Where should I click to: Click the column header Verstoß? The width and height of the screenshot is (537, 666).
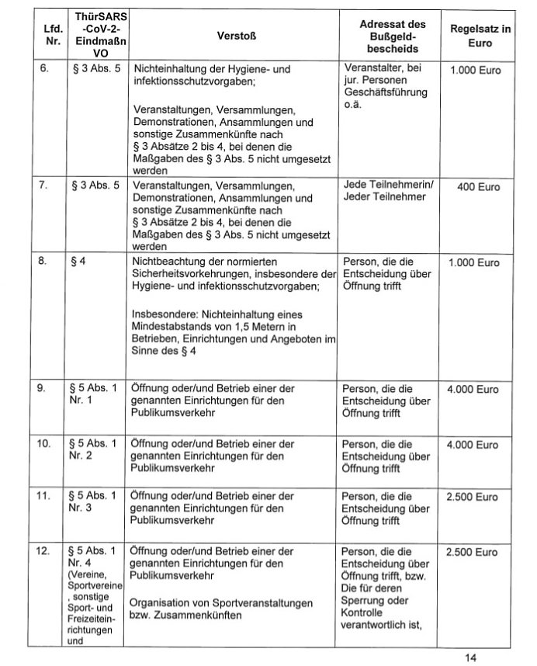click(233, 35)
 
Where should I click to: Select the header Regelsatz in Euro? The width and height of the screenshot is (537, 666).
click(480, 35)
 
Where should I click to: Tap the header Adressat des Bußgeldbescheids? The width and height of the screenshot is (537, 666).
click(392, 35)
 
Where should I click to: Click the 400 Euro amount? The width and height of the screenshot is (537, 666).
click(478, 187)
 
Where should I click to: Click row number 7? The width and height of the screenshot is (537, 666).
click(45, 186)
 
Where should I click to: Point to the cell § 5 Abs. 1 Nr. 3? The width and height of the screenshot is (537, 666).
click(92, 501)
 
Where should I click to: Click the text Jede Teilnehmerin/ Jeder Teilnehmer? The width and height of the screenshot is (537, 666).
click(389, 192)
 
